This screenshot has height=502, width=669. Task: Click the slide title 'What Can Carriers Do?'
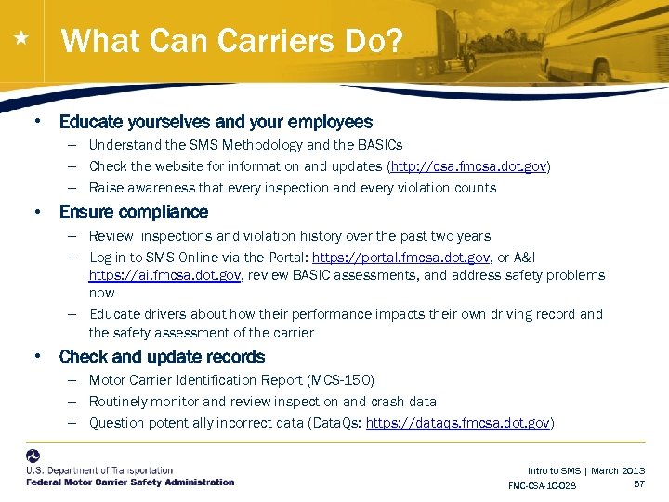231,41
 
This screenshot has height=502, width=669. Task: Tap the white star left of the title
20,40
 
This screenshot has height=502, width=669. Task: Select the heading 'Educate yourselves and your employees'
216,122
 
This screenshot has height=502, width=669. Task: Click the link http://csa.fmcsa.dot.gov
469,166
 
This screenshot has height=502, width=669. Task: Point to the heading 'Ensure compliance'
134,212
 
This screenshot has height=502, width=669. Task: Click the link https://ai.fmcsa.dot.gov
165,275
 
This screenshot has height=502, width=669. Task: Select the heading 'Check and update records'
162,357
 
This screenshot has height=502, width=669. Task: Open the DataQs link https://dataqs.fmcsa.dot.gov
459,423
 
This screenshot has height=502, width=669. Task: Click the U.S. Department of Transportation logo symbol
33,456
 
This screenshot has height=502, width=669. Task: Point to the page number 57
638,484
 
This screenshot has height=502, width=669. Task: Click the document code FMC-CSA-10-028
542,486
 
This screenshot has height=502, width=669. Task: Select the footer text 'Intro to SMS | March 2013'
585,471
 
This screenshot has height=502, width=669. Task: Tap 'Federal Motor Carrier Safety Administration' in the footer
130,482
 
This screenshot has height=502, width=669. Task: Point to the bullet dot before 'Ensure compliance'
37,212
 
